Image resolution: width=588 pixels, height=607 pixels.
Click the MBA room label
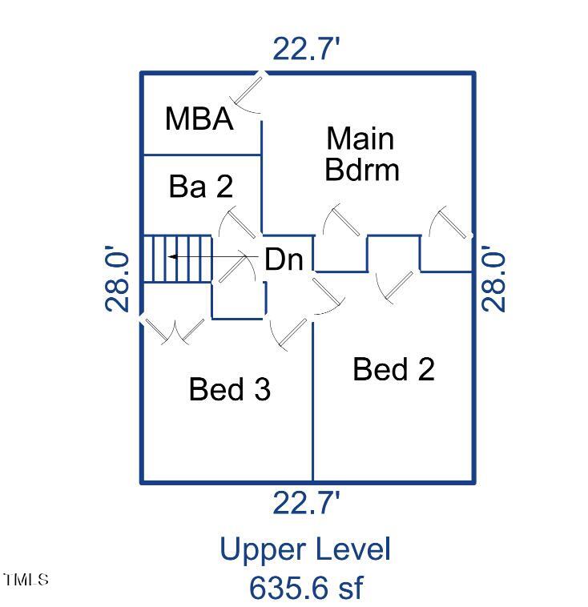pyautogui.click(x=199, y=119)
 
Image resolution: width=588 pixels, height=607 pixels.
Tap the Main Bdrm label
pyautogui.click(x=360, y=154)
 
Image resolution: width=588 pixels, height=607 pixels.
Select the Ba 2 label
pyautogui.click(x=201, y=187)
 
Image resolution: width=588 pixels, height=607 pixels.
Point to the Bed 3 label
pyautogui.click(x=229, y=389)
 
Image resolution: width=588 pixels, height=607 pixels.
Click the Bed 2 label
pyautogui.click(x=393, y=369)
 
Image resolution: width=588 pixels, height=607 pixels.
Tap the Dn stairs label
pyautogui.click(x=284, y=259)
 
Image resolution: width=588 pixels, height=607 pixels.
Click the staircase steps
pyautogui.click(x=176, y=258)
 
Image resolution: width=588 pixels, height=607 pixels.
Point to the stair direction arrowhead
pyautogui.click(x=171, y=257)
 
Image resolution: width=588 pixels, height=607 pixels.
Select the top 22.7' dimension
pyautogui.click(x=306, y=50)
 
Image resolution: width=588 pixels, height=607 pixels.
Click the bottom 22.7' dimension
pyautogui.click(x=306, y=504)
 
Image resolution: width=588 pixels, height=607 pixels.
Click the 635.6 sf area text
pyautogui.click(x=305, y=588)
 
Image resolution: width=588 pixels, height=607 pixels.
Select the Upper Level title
pyautogui.click(x=305, y=550)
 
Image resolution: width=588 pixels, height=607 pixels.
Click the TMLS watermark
pyautogui.click(x=26, y=579)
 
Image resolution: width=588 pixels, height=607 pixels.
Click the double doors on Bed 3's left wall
pyautogui.click(x=175, y=330)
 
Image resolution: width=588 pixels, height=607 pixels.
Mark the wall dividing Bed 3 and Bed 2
pyautogui.click(x=312, y=400)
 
